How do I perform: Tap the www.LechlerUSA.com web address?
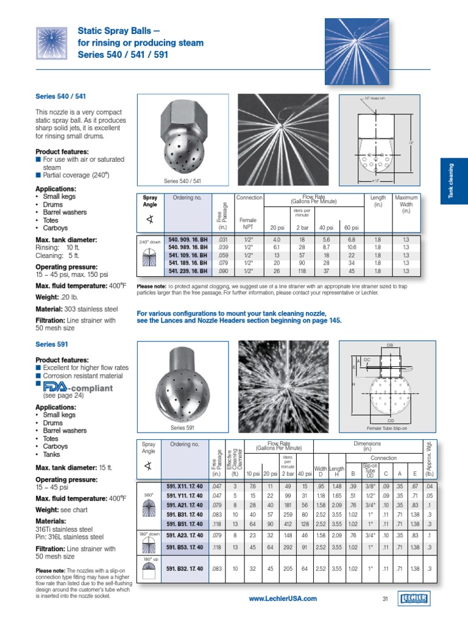click(283, 599)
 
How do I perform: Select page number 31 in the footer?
click(385, 599)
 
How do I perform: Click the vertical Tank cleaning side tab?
click(452, 181)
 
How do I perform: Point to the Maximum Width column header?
click(406, 204)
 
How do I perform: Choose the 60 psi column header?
click(350, 227)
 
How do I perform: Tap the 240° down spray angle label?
click(149, 242)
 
